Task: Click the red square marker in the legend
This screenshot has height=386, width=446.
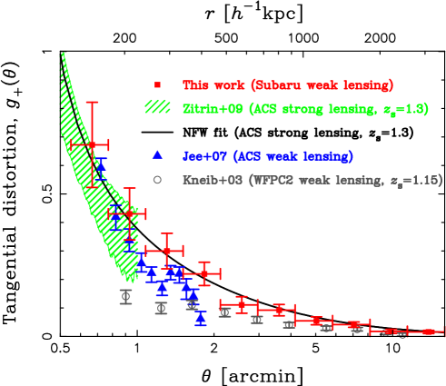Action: [x=157, y=85]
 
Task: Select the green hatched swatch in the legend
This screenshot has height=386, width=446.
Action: [x=157, y=107]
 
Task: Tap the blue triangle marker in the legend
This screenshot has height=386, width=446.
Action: [x=157, y=156]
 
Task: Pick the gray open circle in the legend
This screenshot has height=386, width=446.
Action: [x=157, y=180]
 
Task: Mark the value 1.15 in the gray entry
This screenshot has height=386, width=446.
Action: [x=426, y=180]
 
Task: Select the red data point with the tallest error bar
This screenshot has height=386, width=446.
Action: [x=91, y=144]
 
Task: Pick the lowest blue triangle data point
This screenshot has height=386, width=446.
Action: [x=200, y=318]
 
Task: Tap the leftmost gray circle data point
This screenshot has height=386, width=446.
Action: [x=125, y=295]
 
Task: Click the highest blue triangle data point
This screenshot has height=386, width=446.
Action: [x=101, y=163]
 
